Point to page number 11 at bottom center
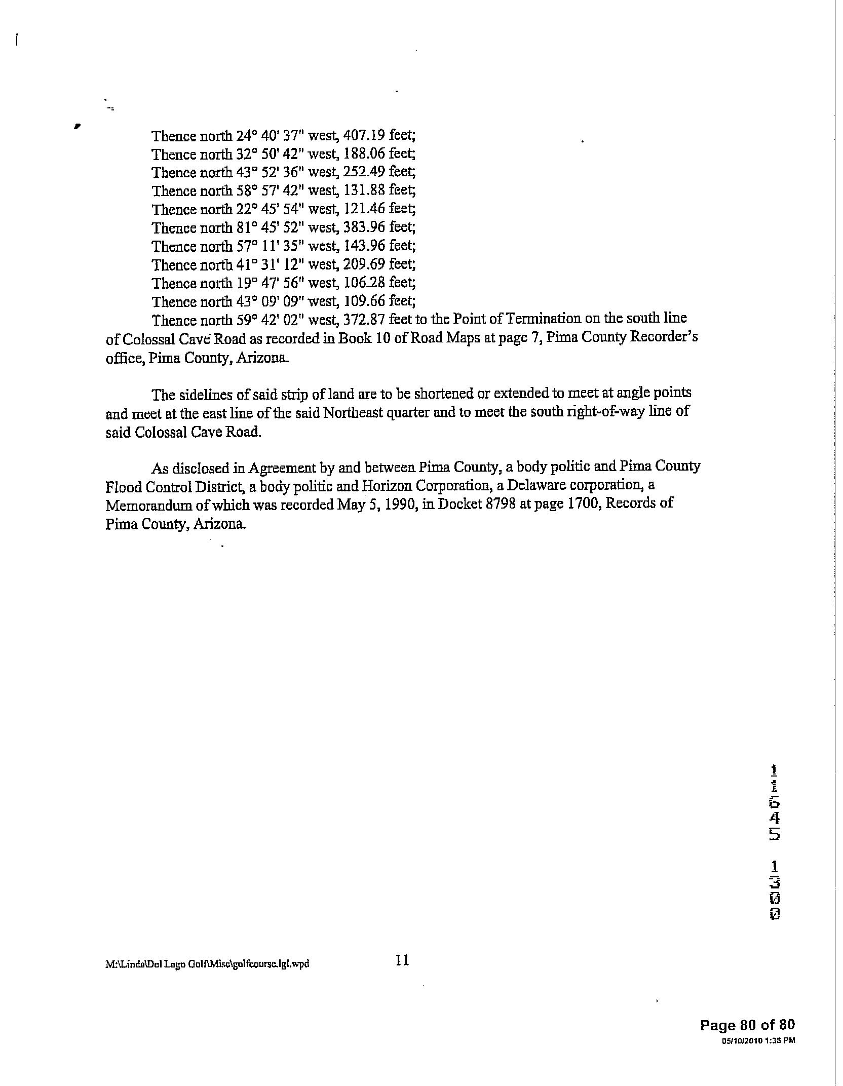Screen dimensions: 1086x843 402,960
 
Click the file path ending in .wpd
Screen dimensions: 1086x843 207,964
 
